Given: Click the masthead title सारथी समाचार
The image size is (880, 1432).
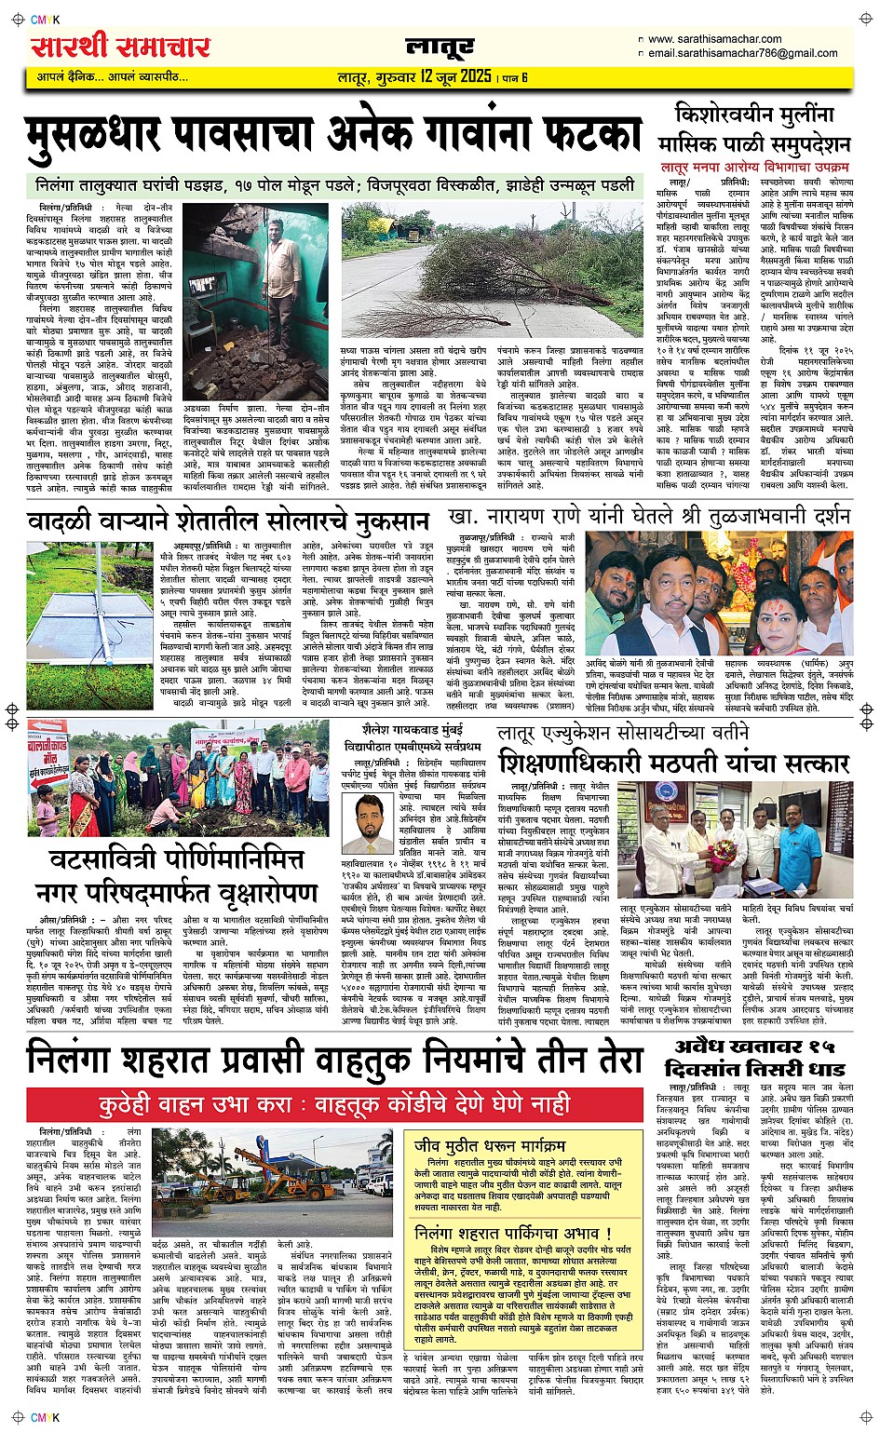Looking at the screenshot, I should [x=121, y=46].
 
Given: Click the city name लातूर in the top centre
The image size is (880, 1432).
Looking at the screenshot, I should [x=440, y=46].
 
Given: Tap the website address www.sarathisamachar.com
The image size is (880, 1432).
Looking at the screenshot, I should [x=714, y=39].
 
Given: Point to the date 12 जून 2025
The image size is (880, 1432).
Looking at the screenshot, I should [x=455, y=76].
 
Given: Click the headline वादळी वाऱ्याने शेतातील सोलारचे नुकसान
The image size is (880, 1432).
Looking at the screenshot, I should [x=229, y=519].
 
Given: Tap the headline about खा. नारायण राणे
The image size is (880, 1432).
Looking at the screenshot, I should [x=650, y=515].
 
